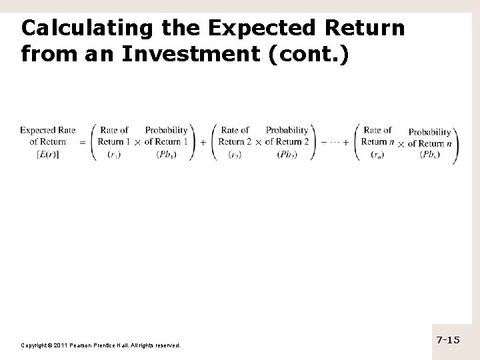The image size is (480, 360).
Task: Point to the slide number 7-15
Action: click(x=448, y=341)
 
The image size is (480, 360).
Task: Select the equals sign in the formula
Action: click(x=82, y=142)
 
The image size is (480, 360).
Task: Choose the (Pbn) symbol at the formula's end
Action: click(x=430, y=155)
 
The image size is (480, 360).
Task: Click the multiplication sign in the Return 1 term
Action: click(x=137, y=142)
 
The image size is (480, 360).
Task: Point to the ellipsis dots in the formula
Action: click(x=336, y=142)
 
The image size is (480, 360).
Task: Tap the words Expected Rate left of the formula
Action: click(x=48, y=130)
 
